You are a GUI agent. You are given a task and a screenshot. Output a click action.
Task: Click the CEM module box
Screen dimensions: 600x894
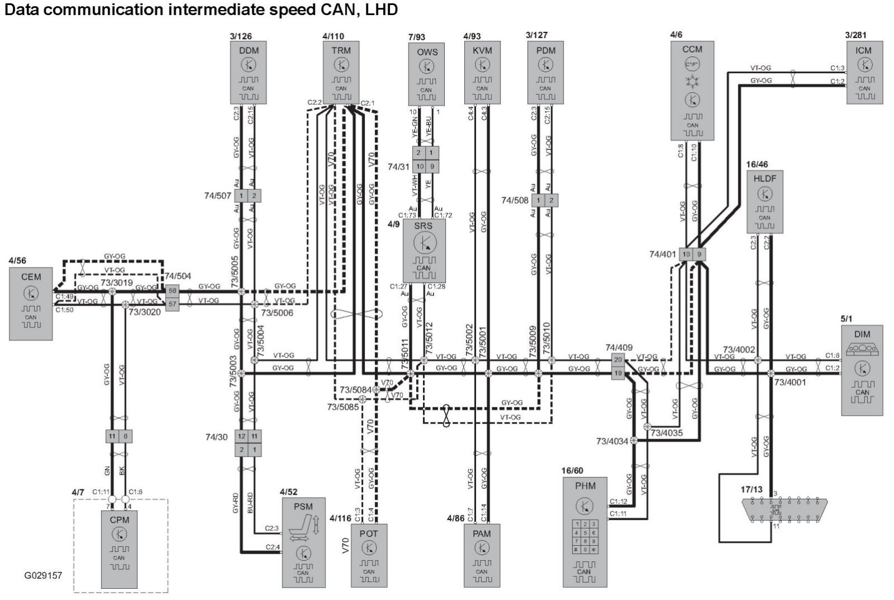31,303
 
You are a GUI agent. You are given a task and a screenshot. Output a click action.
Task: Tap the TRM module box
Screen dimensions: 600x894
341,73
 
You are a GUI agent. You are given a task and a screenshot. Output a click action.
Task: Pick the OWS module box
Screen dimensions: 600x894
426,75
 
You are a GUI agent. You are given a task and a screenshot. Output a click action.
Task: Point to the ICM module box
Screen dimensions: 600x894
864,72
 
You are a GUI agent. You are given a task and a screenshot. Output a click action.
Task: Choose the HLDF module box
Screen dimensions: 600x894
764,201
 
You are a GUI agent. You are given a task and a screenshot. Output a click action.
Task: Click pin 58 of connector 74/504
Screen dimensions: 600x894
172,291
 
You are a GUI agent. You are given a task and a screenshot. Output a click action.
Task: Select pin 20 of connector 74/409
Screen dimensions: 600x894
618,360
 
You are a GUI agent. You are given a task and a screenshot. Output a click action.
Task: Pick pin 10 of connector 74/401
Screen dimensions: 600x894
686,254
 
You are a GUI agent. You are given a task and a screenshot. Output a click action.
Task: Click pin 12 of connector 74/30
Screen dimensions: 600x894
242,436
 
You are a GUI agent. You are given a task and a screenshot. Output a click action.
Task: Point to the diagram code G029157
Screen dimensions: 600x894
43,575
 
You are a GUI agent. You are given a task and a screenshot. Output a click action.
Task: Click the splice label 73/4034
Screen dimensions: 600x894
612,441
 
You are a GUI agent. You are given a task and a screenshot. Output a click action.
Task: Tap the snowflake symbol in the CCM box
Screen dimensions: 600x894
693,82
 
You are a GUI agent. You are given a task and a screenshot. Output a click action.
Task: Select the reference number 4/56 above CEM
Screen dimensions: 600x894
17,260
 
